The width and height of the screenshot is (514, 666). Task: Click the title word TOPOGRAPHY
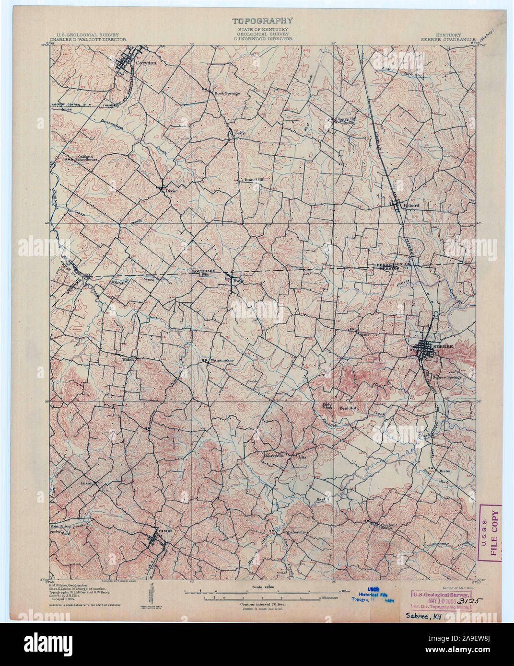click(262, 21)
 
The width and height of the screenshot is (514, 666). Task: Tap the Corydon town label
click(144, 62)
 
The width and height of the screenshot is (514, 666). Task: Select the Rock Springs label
click(227, 93)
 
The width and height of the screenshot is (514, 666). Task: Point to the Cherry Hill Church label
click(345, 120)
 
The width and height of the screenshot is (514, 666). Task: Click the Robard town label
click(411, 206)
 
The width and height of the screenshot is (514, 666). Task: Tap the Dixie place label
click(171, 191)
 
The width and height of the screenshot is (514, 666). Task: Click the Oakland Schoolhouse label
click(88, 158)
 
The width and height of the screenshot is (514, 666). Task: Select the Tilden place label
click(128, 359)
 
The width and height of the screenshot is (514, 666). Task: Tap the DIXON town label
click(164, 531)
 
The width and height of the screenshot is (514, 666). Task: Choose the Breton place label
click(446, 471)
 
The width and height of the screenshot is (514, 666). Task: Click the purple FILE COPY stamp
click(491, 532)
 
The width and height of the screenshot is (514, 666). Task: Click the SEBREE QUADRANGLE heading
click(448, 40)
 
